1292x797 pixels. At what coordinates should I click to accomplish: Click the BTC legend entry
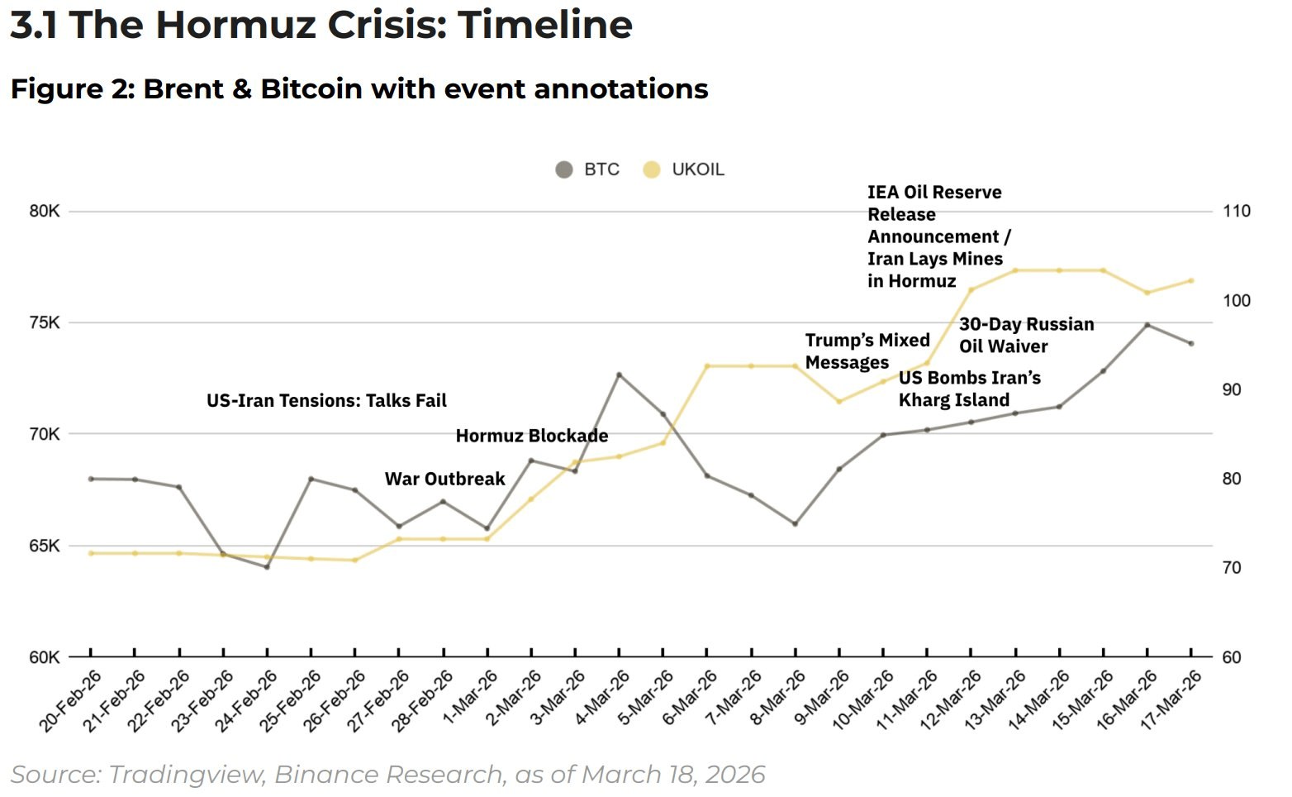588,169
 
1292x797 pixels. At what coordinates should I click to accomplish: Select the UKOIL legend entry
685,169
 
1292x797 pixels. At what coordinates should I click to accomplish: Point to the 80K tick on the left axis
45,211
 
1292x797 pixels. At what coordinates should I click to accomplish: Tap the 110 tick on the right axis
1237,211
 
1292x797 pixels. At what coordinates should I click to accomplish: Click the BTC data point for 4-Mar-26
619,375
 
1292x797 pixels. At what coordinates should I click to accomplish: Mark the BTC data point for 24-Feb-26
267,567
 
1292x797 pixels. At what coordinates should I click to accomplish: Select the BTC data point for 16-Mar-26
1147,325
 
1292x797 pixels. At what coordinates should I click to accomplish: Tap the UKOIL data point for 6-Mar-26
707,366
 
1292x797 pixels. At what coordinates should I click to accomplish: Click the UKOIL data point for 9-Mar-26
839,402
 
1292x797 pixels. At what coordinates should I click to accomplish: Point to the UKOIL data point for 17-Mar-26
1191,281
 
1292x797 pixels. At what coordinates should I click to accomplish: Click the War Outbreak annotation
444,479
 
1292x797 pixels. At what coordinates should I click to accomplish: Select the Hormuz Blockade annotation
531,436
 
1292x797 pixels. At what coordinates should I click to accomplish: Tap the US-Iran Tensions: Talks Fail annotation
326,401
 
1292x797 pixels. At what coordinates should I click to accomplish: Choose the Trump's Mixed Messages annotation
867,351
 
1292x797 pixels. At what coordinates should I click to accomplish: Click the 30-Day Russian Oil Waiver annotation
1026,335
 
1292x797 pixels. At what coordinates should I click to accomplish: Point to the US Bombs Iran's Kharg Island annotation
969,389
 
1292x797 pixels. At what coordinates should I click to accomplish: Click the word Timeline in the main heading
545,25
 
